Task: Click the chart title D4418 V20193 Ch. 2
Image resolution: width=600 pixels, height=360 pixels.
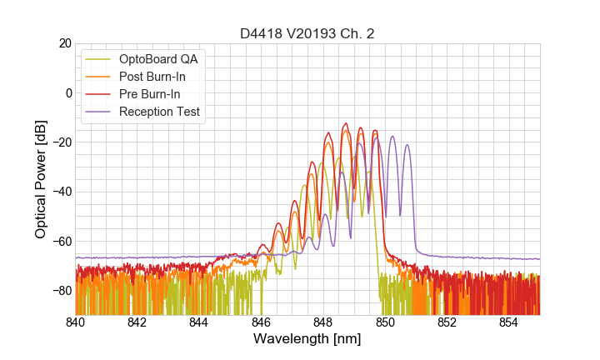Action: pyautogui.click(x=307, y=33)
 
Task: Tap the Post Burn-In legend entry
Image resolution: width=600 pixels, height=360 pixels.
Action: pyautogui.click(x=157, y=77)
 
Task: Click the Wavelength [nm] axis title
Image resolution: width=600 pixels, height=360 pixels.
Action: pyautogui.click(x=307, y=339)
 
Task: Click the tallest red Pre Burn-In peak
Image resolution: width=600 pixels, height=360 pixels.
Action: pyautogui.click(x=345, y=123)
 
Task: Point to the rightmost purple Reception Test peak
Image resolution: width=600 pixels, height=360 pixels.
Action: pyautogui.click(x=407, y=145)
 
